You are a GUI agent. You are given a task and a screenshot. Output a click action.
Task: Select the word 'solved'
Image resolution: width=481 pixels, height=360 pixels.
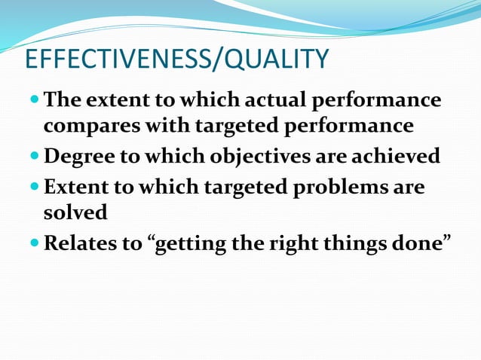(x=75, y=212)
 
